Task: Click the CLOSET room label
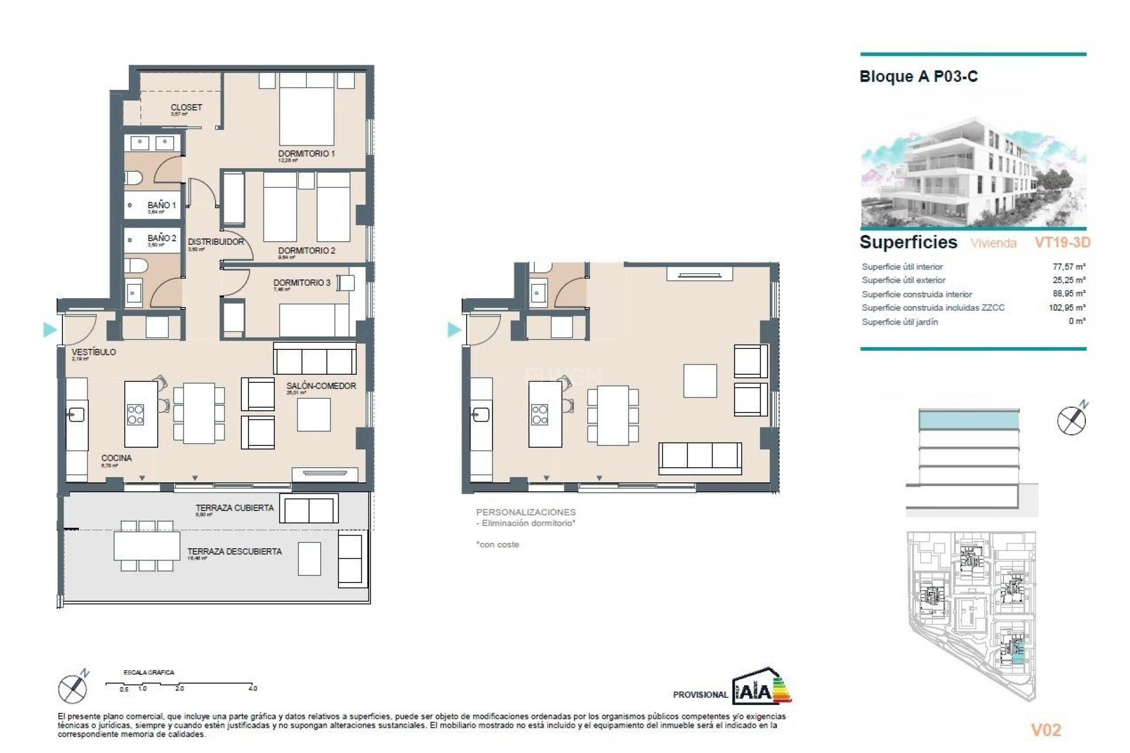click(186, 108)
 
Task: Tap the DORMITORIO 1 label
click(306, 154)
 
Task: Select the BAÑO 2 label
click(162, 238)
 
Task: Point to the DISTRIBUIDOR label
click(215, 242)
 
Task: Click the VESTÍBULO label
click(94, 352)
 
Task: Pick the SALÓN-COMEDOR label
click(321, 386)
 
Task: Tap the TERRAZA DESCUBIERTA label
click(234, 551)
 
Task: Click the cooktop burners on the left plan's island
click(135, 415)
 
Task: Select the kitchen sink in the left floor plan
click(76, 415)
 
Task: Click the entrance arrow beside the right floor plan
click(454, 329)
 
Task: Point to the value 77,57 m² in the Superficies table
click(1069, 266)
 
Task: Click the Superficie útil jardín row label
click(899, 322)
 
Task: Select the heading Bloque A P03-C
click(918, 76)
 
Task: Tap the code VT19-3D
click(1062, 242)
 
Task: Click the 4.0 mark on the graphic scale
click(252, 688)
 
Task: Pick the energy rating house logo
click(761, 687)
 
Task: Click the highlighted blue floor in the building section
click(968, 420)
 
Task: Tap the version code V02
click(1045, 730)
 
